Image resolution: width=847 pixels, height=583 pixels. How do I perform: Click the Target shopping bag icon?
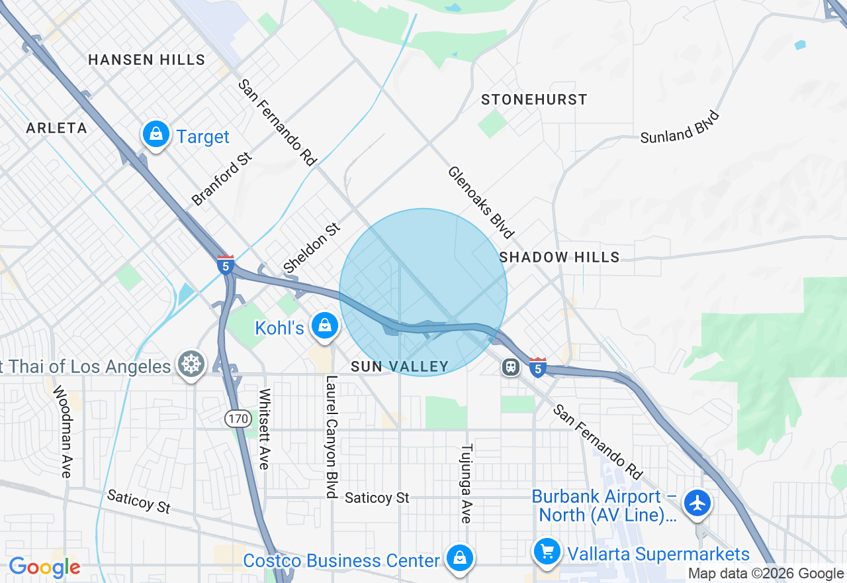click(156, 134)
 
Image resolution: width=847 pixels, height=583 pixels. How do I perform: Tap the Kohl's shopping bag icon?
click(324, 326)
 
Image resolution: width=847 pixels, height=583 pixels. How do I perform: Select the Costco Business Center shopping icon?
click(459, 558)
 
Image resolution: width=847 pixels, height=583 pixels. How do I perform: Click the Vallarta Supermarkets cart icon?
click(547, 551)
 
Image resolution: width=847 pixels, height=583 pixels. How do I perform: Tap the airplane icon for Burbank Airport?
click(697, 503)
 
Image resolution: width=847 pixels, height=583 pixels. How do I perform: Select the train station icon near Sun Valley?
click(510, 366)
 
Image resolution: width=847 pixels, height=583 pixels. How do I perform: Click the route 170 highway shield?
click(236, 418)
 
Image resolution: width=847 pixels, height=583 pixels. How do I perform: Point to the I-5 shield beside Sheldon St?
click(226, 264)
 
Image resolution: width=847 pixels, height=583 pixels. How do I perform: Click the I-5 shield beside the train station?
click(537, 366)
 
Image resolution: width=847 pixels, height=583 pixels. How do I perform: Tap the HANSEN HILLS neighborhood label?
click(146, 60)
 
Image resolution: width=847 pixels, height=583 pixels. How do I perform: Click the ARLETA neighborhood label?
click(56, 128)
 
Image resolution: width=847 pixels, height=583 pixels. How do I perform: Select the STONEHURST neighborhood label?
click(534, 99)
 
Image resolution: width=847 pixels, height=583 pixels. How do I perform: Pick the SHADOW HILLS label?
click(559, 257)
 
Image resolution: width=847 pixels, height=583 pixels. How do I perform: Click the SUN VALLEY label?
click(400, 366)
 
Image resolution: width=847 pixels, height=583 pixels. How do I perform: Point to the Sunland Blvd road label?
click(680, 127)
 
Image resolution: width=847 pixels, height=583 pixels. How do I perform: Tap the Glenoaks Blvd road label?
click(480, 201)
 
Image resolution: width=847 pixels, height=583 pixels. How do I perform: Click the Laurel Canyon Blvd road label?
click(332, 437)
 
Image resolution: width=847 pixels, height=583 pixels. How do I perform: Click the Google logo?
click(44, 567)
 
